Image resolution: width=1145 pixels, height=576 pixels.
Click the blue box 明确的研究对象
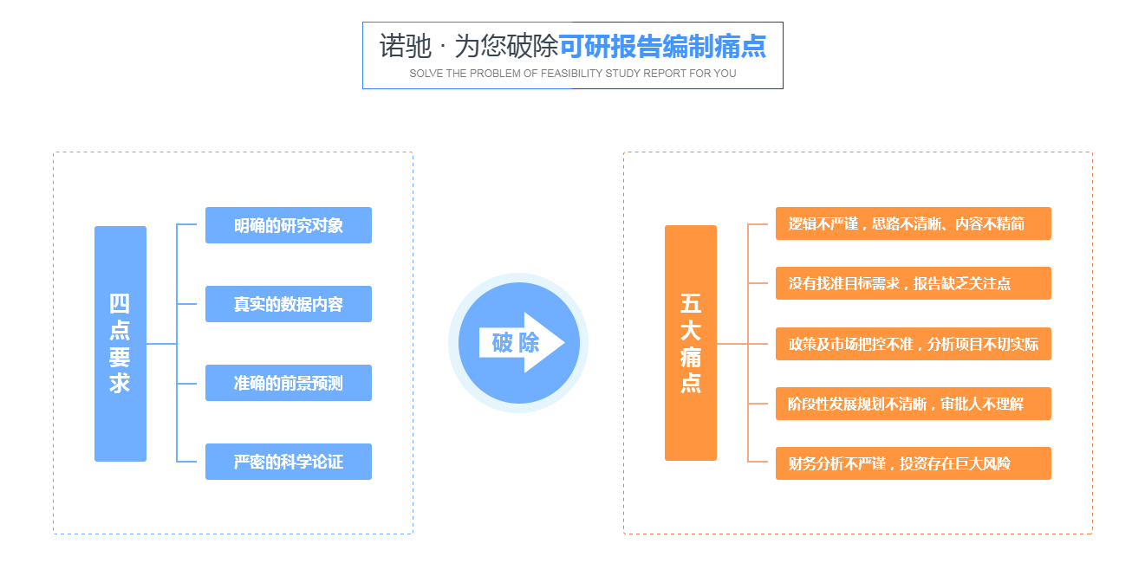tap(288, 225)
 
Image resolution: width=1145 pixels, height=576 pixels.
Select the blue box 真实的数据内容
tap(288, 304)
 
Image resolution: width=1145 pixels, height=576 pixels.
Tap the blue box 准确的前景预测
tap(288, 383)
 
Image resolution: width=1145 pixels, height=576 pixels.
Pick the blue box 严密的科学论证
tap(288, 462)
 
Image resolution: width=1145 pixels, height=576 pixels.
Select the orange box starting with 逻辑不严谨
tap(913, 223)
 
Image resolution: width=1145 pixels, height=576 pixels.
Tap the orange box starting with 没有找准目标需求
tap(913, 283)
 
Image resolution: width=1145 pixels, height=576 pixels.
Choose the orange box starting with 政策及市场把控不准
tap(913, 344)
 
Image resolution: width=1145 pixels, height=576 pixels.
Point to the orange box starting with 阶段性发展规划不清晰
tap(913, 404)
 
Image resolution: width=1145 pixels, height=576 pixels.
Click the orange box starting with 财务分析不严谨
tap(913, 463)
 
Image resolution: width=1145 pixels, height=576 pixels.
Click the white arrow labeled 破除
tap(521, 343)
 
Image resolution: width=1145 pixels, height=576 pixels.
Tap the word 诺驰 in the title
tap(405, 47)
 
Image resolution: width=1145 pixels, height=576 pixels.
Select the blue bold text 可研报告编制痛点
tap(662, 47)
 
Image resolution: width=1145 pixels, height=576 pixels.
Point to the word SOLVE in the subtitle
tap(426, 74)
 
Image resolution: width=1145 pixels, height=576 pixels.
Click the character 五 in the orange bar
tap(691, 305)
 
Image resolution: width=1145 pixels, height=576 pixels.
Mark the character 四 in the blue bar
tap(120, 305)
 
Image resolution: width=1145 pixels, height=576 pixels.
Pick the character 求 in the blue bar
tap(120, 383)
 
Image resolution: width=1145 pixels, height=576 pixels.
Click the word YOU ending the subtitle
tap(725, 74)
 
